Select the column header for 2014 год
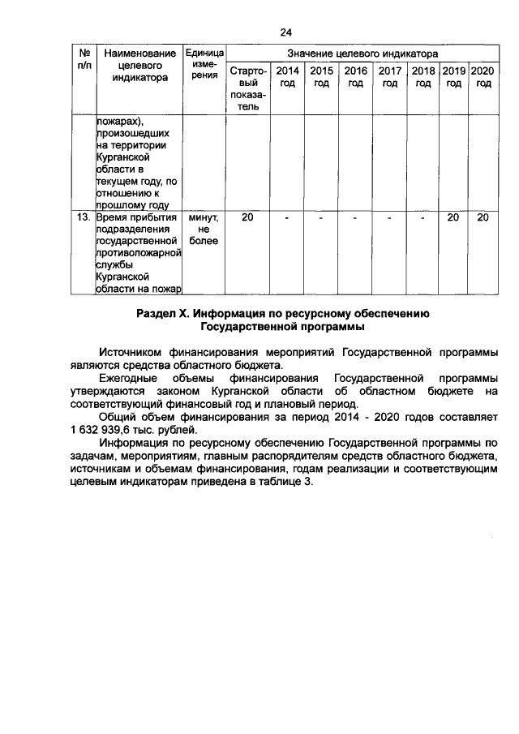287,77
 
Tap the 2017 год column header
390,77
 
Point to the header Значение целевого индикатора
362,53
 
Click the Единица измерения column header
204,64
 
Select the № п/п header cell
83,58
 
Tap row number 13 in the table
83,218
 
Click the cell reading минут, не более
204,230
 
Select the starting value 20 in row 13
247,218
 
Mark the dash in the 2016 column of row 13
355,218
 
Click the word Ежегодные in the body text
129,379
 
